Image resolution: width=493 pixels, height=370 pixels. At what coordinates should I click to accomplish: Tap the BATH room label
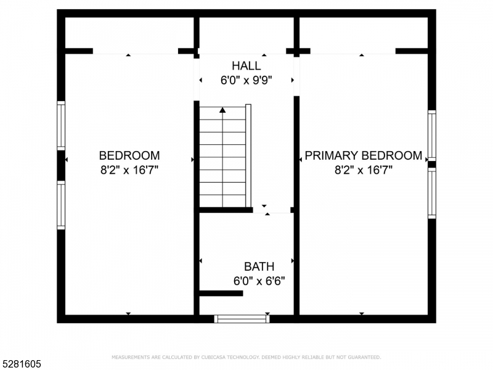point(259,266)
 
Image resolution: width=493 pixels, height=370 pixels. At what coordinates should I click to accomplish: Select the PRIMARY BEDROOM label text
point(364,155)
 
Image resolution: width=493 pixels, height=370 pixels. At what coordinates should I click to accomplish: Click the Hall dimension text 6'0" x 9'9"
point(246,80)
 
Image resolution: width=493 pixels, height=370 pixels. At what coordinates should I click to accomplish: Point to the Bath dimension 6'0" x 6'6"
point(259,281)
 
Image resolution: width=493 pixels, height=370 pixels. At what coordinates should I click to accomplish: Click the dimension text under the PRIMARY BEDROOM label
point(364,170)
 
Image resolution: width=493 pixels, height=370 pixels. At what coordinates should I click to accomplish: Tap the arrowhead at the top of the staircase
point(222,110)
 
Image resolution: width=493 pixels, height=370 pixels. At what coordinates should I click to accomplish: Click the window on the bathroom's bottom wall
point(242,319)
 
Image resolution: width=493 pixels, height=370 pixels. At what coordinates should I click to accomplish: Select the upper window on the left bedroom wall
point(61,126)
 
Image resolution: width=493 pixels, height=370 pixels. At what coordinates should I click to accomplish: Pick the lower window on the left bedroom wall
point(61,205)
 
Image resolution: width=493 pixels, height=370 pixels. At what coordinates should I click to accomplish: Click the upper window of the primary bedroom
point(432,136)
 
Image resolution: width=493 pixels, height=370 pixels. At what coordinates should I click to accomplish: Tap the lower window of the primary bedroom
point(432,193)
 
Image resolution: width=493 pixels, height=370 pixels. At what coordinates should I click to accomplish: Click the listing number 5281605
point(20,364)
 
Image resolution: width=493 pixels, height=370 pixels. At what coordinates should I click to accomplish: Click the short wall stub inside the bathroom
point(221,294)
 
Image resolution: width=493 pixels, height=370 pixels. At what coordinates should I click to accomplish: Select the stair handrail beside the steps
point(248,155)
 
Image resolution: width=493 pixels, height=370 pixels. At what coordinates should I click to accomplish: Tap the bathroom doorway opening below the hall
point(272,210)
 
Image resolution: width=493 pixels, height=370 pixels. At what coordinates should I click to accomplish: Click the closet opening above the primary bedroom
point(352,51)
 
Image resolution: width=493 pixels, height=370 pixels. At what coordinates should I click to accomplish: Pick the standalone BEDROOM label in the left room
point(129,155)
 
